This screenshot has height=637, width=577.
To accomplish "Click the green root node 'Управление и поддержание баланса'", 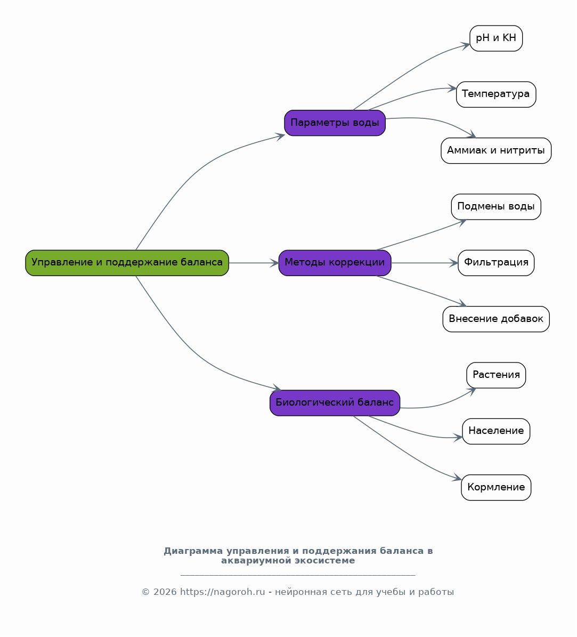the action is click(127, 263).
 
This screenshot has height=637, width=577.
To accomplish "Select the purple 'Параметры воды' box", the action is click(335, 123).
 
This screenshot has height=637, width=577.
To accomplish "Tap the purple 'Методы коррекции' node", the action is click(335, 263).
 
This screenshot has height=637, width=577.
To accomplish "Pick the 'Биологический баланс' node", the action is click(335, 403).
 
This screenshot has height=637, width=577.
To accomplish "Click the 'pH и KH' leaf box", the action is click(496, 38).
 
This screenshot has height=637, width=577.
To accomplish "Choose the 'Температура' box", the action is click(496, 94).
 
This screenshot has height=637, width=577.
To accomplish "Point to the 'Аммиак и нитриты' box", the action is click(496, 151).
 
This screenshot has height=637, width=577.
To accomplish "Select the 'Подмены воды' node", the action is click(496, 207).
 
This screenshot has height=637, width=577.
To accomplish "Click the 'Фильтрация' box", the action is click(496, 263).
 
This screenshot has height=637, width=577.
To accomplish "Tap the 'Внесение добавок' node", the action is click(496, 319).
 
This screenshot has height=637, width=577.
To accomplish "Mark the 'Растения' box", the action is click(496, 375).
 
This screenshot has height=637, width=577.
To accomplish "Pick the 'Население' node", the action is click(496, 431).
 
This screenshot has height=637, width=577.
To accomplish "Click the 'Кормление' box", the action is click(496, 488).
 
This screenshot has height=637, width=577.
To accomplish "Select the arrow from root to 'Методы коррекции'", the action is click(254, 263).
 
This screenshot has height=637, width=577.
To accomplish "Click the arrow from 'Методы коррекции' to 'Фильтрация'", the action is click(425, 263).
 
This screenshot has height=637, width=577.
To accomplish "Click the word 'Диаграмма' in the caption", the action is click(193, 551).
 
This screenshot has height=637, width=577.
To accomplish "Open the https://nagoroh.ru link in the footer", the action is click(223, 592).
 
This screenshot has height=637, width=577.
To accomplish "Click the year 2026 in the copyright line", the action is click(165, 592).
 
